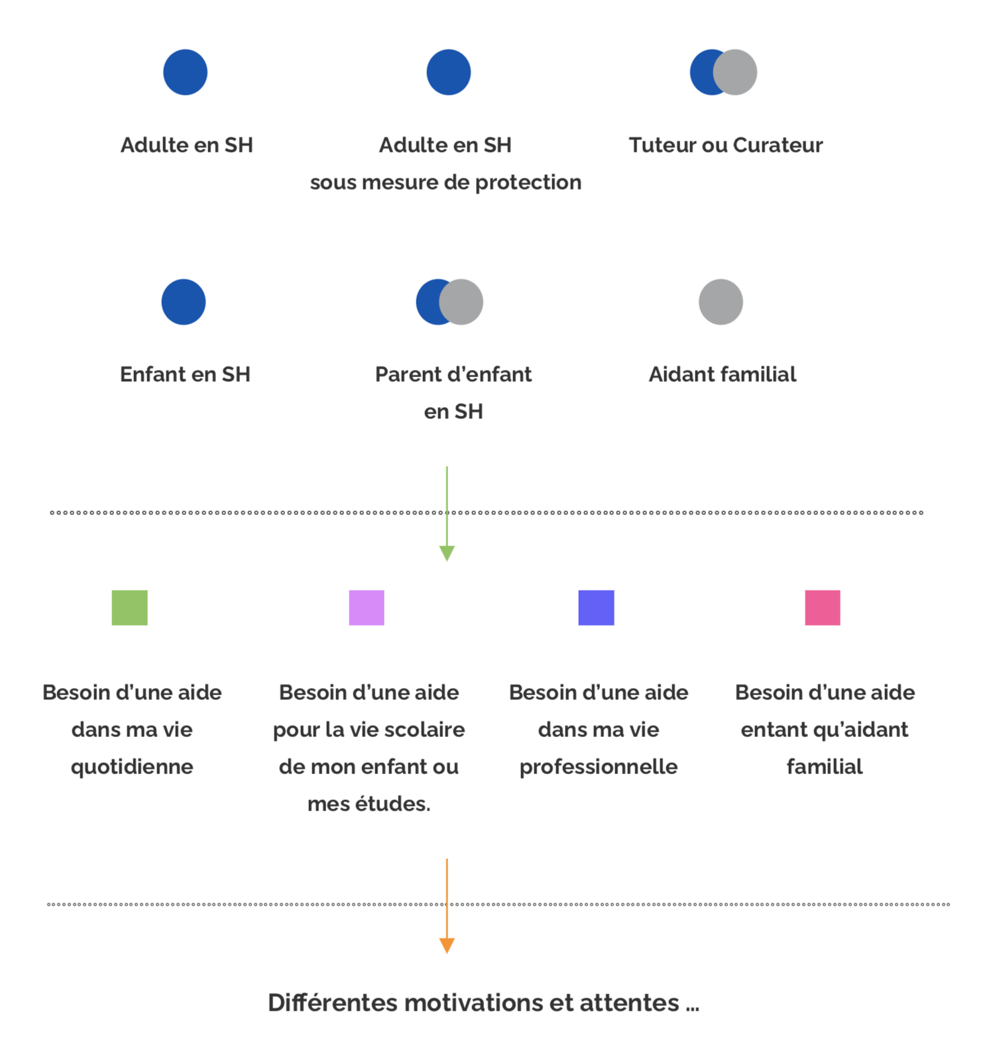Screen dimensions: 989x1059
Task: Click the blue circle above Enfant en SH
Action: pyautogui.click(x=184, y=302)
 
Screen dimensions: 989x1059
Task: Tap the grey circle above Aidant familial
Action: pyautogui.click(x=721, y=302)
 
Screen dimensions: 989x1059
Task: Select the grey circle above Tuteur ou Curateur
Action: pyautogui.click(x=734, y=72)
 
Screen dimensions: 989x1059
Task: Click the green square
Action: pyautogui.click(x=129, y=608)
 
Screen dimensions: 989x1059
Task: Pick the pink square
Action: pyautogui.click(x=822, y=608)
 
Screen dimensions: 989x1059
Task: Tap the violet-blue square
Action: pyautogui.click(x=596, y=608)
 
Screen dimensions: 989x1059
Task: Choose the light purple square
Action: pyautogui.click(x=367, y=608)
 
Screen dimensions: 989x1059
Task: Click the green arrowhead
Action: pyautogui.click(x=447, y=553)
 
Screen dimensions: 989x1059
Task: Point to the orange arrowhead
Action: pyautogui.click(x=447, y=946)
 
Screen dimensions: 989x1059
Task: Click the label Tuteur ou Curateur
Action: pyautogui.click(x=726, y=145)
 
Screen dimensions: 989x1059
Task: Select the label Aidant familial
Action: pyautogui.click(x=723, y=374)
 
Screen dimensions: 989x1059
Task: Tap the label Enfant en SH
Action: pyautogui.click(x=185, y=374)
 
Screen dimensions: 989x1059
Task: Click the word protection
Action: pyautogui.click(x=528, y=182)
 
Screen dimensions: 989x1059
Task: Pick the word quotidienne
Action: pyautogui.click(x=132, y=767)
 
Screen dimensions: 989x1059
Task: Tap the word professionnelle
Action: pyautogui.click(x=599, y=767)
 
